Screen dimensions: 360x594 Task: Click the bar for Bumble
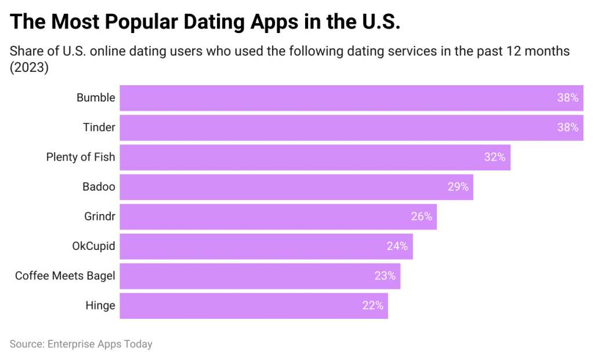click(x=351, y=98)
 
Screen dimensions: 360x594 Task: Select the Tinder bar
click(x=351, y=128)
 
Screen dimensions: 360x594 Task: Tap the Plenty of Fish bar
click(x=314, y=157)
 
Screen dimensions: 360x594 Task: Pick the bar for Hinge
click(x=253, y=306)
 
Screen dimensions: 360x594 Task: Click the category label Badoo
click(x=99, y=187)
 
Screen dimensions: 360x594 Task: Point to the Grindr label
click(x=99, y=216)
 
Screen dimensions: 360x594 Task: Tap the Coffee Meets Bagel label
click(x=65, y=276)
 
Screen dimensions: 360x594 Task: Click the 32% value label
click(x=494, y=157)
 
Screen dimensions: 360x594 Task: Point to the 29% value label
click(x=458, y=187)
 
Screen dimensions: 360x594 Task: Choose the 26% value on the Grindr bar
click(x=421, y=216)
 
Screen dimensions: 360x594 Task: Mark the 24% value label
click(x=397, y=246)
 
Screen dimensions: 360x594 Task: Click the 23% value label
click(x=385, y=276)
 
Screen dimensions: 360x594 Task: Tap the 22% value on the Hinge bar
click(x=372, y=306)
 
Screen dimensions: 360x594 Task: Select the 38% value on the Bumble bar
click(x=568, y=98)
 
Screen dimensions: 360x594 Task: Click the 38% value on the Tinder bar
click(x=568, y=128)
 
